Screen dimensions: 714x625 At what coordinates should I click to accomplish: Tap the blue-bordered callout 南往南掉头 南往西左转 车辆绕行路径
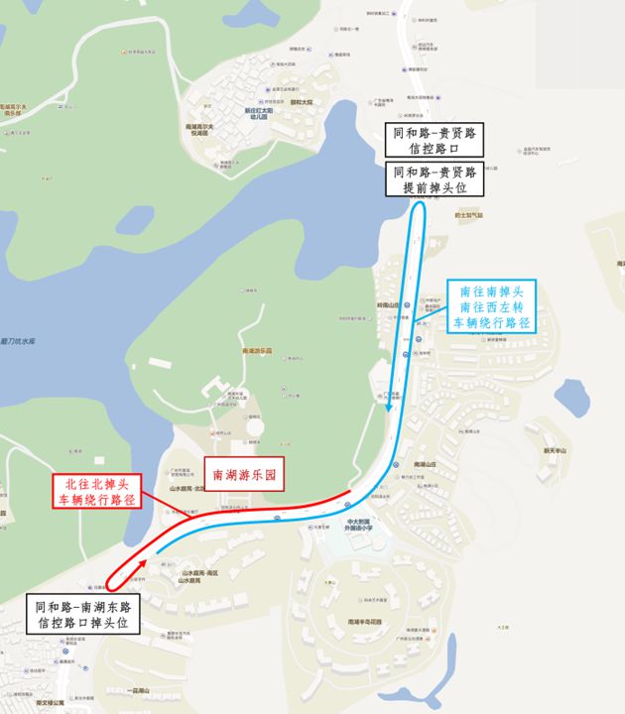coord(493,306)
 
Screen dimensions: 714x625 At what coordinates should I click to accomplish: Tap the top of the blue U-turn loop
coord(420,204)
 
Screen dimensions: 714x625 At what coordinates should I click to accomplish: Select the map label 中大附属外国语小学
coord(359,525)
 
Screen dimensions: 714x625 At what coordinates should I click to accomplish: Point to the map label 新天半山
coord(554,450)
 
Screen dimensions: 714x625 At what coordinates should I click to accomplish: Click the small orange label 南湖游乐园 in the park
coord(257,351)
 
